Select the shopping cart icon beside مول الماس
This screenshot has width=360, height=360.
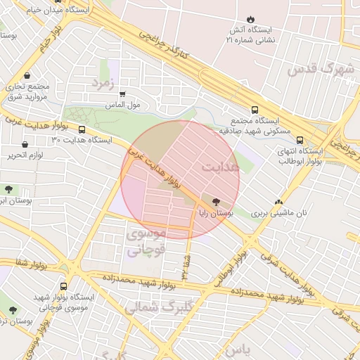pyautogui.click(x=123, y=94)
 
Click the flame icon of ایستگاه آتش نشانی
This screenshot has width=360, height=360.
pyautogui.click(x=251, y=19)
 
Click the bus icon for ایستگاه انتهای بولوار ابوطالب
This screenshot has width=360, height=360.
pyautogui.click(x=300, y=139)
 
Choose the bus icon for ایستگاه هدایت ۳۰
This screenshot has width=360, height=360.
pyautogui.click(x=82, y=129)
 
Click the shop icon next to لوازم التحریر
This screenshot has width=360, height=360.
pyautogui.click(x=25, y=144)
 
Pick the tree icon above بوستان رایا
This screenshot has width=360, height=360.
pyautogui.click(x=215, y=200)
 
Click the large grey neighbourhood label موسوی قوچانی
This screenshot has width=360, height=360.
pyautogui.click(x=147, y=241)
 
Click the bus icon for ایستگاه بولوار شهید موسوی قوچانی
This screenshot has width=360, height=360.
pyautogui.click(x=64, y=286)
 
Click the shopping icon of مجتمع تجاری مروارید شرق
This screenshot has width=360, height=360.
pyautogui.click(x=27, y=75)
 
